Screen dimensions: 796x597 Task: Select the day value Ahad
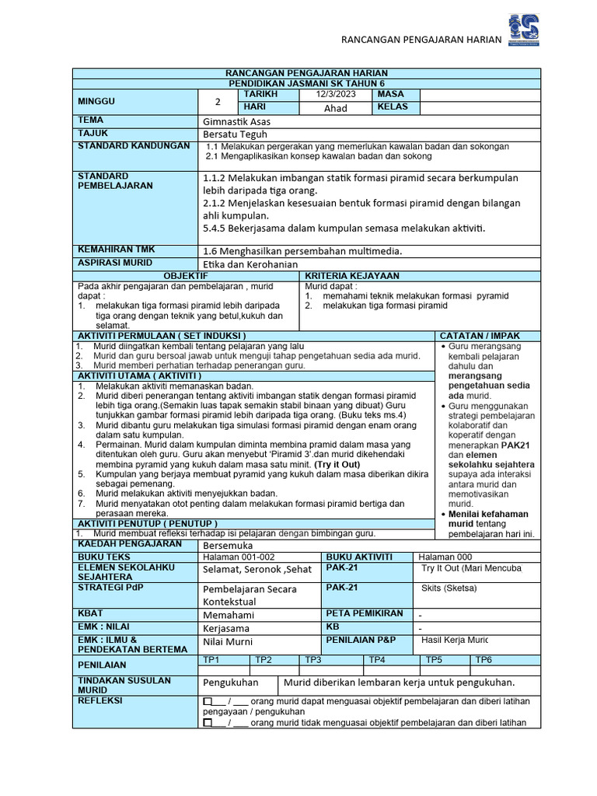point(336,108)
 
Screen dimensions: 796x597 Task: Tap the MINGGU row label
point(96,102)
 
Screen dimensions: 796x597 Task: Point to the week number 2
point(218,102)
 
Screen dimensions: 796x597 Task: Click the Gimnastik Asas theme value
point(236,122)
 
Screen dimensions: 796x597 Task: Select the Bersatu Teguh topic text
point(234,134)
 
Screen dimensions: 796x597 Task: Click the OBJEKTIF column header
point(186,276)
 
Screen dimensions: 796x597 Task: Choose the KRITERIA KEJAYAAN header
point(353,276)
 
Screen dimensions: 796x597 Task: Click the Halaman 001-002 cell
point(239,557)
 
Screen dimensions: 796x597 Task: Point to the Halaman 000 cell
point(445,557)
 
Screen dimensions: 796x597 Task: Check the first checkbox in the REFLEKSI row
point(208,701)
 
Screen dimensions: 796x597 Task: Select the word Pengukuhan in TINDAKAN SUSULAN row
point(230,683)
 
